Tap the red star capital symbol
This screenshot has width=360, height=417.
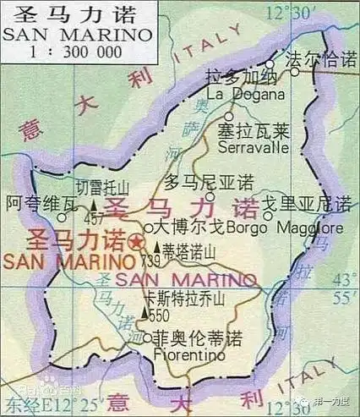[136, 242]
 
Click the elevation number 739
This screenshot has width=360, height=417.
[152, 260]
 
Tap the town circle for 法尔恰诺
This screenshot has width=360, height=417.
[296, 72]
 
